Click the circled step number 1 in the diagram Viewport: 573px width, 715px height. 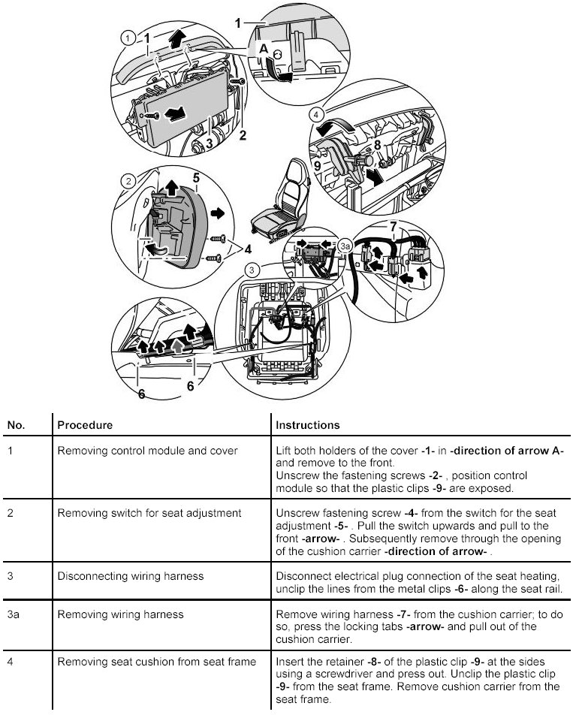tap(128, 36)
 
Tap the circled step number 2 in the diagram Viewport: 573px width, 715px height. tap(128, 182)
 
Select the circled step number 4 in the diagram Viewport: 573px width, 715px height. tap(317, 116)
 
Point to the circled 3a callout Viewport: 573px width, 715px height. tap(345, 246)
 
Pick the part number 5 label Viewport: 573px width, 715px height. tap(195, 179)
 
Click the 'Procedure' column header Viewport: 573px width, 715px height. tap(85, 425)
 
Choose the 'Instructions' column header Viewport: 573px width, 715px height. tap(308, 425)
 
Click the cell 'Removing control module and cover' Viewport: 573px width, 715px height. tap(147, 451)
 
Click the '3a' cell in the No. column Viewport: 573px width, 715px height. tap(14, 614)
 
